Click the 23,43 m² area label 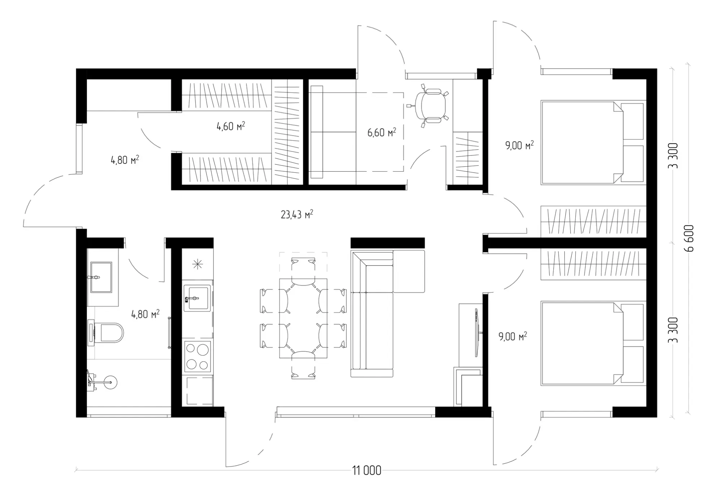[297, 215]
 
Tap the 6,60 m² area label [382, 132]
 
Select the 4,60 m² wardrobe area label [231, 126]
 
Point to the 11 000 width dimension [367, 470]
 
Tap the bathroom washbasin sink [101, 277]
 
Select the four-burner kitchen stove [197, 356]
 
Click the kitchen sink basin [197, 298]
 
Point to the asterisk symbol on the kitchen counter [198, 265]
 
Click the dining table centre [303, 318]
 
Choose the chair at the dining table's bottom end [303, 365]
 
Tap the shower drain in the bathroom [110, 382]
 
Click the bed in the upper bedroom [593, 142]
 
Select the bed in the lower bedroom [593, 343]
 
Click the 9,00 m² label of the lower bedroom [513, 336]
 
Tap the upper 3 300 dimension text [673, 156]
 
